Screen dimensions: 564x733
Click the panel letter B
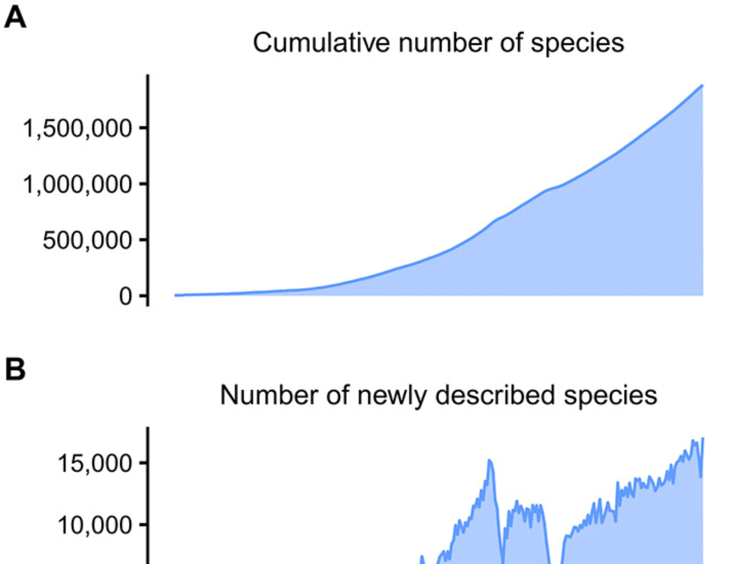(15, 369)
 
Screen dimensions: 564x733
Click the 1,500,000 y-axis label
(77, 129)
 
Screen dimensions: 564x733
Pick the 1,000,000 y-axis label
(77, 184)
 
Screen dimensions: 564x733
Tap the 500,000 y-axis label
(87, 241)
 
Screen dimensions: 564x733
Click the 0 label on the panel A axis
(125, 296)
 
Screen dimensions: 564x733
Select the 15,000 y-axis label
(95, 463)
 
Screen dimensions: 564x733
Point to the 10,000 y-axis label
(95, 525)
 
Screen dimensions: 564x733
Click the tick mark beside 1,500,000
(143, 128)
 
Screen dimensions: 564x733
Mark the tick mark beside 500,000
(143, 239)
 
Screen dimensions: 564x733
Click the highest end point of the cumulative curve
(702, 85)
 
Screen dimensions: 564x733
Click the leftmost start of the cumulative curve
(176, 295)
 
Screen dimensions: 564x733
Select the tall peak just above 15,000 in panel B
(490, 461)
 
